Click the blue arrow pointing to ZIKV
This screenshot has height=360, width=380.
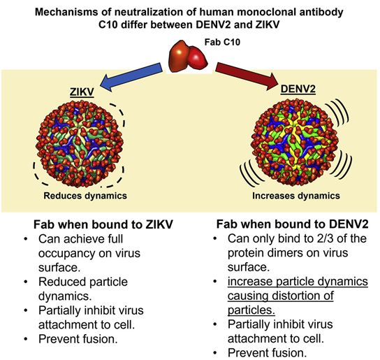coord(131,77)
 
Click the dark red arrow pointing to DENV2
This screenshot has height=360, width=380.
coord(247,76)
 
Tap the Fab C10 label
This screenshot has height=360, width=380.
coord(222,42)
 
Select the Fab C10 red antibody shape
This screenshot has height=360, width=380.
coord(188,57)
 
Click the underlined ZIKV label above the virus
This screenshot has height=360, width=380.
coord(82,92)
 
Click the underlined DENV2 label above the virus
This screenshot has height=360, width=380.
coord(298,89)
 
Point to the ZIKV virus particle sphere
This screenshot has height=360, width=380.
coord(80,144)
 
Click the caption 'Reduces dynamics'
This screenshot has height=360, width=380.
coord(85,196)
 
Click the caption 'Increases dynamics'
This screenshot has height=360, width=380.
coord(296,196)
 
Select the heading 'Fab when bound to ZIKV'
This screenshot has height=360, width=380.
coord(103,224)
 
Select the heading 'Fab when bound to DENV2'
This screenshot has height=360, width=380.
coord(292,224)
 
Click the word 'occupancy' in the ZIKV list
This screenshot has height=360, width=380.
coord(66,254)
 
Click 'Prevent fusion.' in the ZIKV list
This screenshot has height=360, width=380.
coord(78,339)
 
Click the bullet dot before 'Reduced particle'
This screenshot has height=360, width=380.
coord(26,282)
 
